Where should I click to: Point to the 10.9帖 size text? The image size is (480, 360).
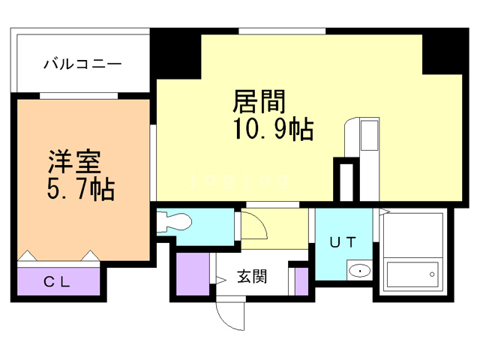pos(274,130)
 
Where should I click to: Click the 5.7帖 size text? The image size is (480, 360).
pos(81,190)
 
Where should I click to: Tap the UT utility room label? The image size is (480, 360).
pos(343,241)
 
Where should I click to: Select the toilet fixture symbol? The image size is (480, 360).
pos(175,223)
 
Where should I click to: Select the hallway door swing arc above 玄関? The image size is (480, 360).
pos(252,224)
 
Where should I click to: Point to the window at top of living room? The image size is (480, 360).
pos(283,31)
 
